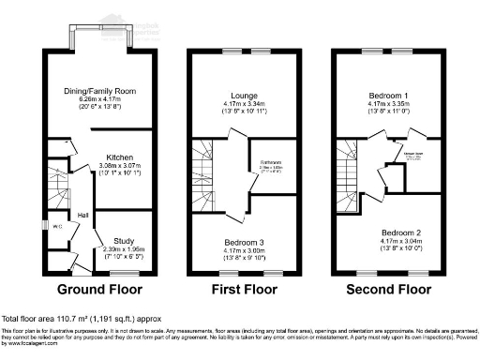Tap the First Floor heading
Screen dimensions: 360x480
click(x=238, y=291)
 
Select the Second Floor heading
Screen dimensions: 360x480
click(x=382, y=291)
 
